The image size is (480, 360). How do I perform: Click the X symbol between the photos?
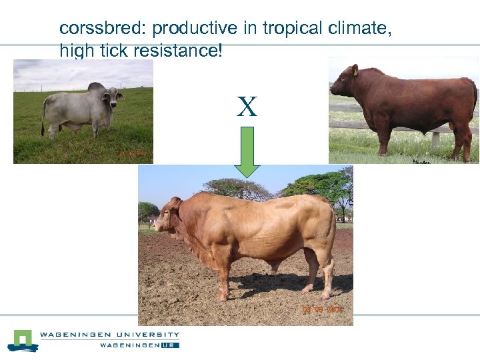[x=247, y=107]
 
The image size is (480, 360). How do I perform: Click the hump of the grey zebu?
[x=97, y=87]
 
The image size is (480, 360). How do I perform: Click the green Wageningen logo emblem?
[x=23, y=340]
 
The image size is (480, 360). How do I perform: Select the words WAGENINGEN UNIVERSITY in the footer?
[x=110, y=335]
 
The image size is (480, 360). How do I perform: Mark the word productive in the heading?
[x=195, y=29]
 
